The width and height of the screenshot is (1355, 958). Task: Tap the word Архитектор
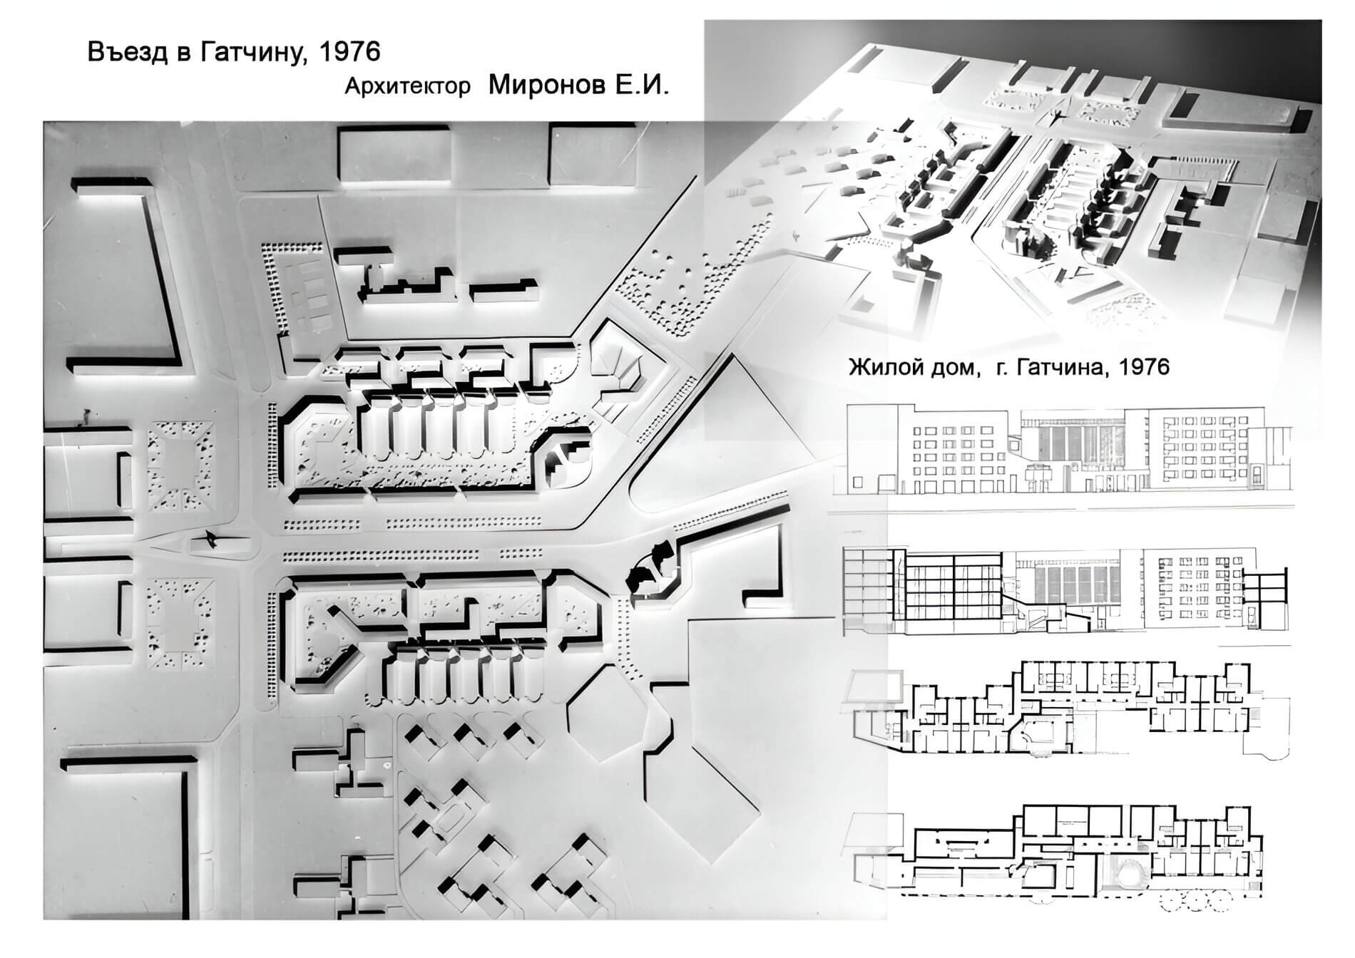point(407,86)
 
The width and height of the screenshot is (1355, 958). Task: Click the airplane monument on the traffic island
point(211,538)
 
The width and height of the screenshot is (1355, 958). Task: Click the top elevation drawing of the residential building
point(1068,450)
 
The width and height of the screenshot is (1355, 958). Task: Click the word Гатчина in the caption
point(1060,368)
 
